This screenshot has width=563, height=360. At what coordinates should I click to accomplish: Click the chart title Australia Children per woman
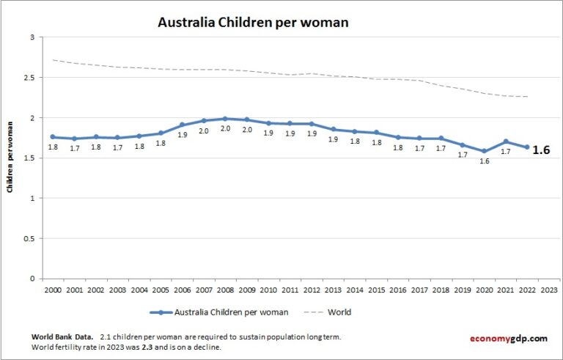253,22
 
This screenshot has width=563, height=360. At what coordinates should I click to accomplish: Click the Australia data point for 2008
225,119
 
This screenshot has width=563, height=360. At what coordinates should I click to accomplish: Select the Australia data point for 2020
484,151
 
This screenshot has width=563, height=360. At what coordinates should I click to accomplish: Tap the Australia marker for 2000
53,137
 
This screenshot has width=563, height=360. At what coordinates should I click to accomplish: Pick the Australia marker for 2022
526,147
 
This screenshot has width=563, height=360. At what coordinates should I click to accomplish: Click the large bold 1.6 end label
541,150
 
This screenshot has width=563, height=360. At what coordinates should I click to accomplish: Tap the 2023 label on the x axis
548,290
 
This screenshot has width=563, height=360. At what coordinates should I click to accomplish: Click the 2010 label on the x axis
268,290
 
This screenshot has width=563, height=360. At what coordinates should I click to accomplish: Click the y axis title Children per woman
10,158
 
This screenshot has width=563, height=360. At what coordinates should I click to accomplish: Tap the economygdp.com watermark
508,338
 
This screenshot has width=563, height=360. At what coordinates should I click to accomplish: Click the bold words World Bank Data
62,337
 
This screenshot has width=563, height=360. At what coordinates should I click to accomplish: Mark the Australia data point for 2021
505,142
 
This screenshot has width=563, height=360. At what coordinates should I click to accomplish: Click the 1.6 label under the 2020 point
484,161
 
